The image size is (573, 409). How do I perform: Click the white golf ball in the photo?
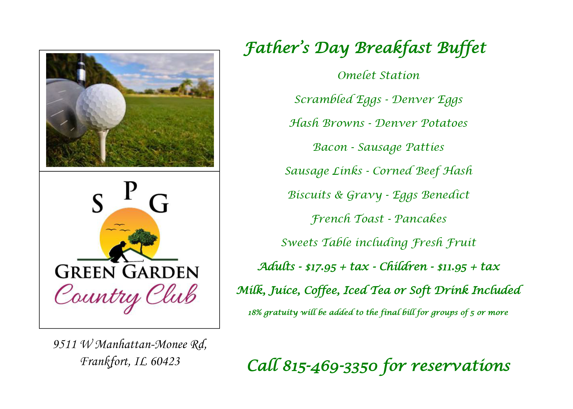point(101,107)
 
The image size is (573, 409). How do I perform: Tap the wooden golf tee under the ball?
point(103,146)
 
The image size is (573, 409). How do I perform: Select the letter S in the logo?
point(97,203)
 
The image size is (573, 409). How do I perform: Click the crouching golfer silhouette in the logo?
point(119,252)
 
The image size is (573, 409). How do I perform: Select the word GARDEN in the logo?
point(160,272)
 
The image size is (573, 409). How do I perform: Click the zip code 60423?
point(165,362)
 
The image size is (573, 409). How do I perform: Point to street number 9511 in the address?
point(65,344)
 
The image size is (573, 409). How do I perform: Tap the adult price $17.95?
point(321,267)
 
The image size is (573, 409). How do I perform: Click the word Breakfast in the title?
point(393,48)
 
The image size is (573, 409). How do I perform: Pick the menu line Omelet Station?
point(379,75)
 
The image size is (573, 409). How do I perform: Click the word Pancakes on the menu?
point(420,219)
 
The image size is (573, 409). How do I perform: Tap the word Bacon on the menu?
point(330,147)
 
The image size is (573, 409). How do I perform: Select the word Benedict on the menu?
point(445,195)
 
